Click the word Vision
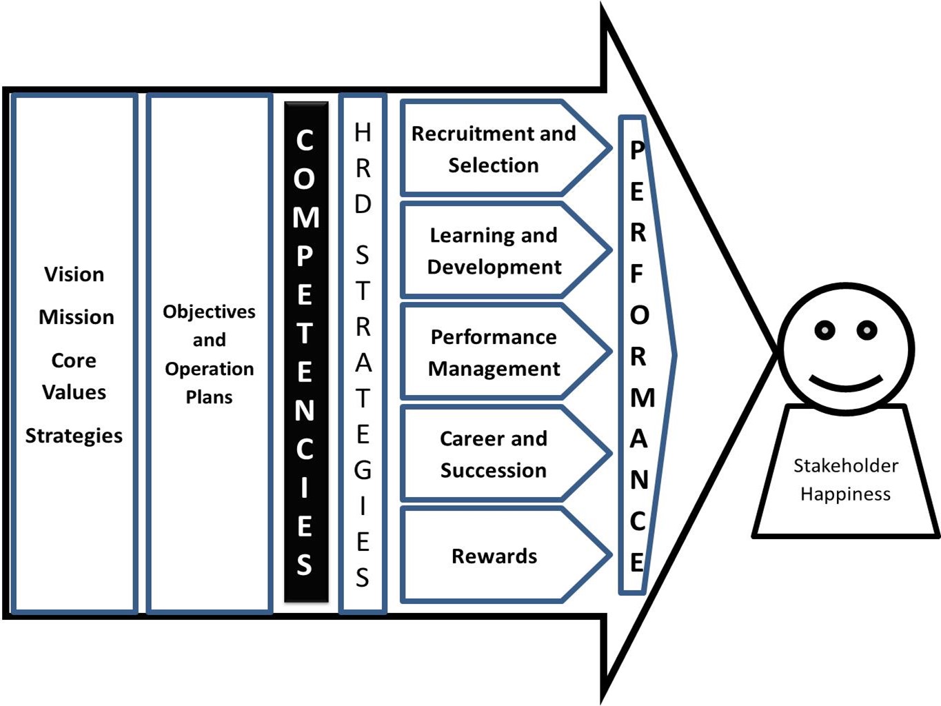[74, 274]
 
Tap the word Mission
[77, 317]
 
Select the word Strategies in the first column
[74, 436]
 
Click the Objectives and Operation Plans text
[209, 354]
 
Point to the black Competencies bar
[305, 352]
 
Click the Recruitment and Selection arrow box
[494, 149]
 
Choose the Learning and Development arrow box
[494, 251]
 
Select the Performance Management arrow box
[494, 352]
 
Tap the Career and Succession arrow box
[494, 454]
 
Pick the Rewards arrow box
[494, 556]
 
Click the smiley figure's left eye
[824, 330]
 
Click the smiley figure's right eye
[867, 330]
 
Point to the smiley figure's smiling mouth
[846, 383]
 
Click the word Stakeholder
[846, 466]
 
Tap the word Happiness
[846, 494]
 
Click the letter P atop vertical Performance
[638, 150]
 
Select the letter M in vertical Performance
[642, 398]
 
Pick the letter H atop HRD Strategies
[363, 132]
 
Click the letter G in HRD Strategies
[363, 470]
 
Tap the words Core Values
[74, 376]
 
